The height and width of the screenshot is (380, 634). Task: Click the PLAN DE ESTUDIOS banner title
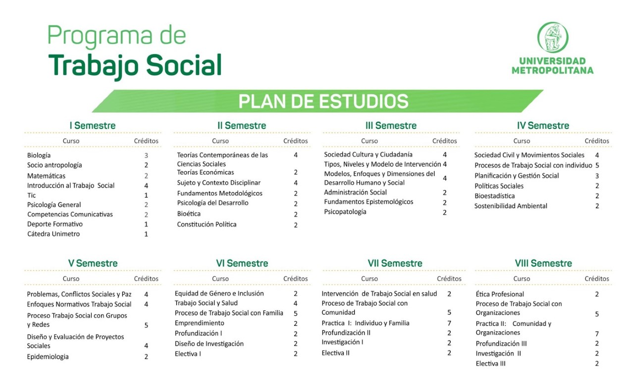(323, 101)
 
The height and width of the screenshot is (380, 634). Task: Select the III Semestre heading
(391, 126)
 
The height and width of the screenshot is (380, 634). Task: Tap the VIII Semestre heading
(543, 263)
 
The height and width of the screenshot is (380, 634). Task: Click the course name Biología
(39, 155)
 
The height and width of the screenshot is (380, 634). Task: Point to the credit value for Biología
(146, 155)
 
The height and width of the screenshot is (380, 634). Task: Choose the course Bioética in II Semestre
(189, 213)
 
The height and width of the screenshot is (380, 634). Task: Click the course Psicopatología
(345, 212)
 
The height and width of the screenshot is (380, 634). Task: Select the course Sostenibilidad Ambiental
(511, 206)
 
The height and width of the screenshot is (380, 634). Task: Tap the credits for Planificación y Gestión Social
(597, 176)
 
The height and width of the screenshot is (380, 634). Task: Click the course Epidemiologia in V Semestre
(48, 357)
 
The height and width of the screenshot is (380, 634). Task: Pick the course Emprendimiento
(199, 323)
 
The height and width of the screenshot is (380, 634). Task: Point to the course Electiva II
(335, 353)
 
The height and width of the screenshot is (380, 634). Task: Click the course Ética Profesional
(500, 294)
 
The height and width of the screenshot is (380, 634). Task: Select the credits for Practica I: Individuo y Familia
(449, 323)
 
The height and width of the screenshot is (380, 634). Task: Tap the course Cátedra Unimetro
(53, 234)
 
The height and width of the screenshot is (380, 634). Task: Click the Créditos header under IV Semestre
(597, 141)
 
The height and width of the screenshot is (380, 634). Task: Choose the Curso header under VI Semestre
(220, 278)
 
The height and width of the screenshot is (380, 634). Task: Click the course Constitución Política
(207, 224)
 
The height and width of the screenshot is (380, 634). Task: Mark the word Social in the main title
(184, 65)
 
